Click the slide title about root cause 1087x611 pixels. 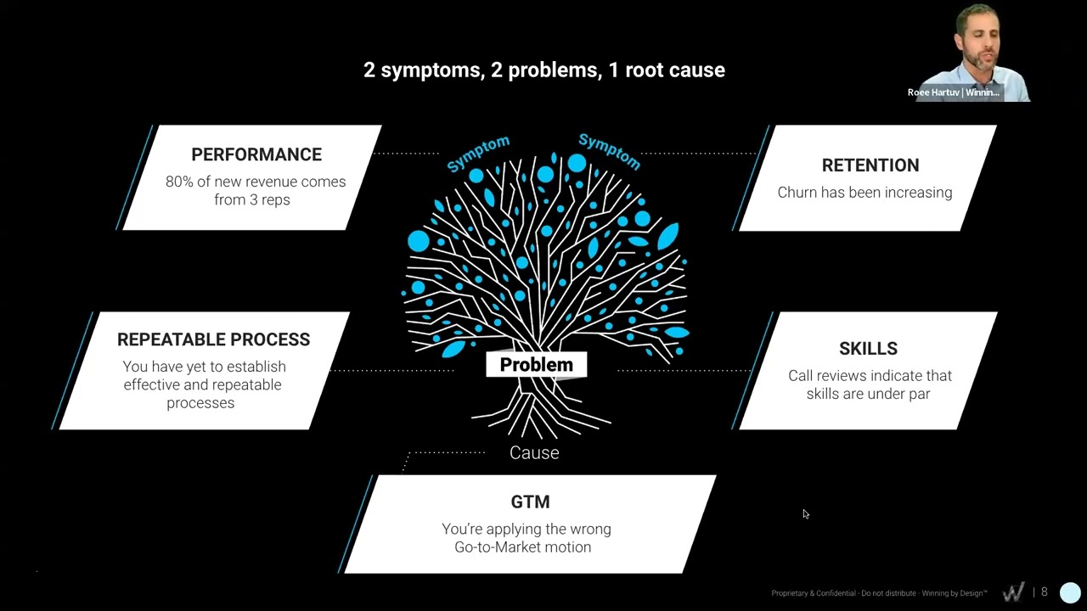click(x=543, y=70)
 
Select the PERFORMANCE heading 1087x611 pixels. click(x=256, y=154)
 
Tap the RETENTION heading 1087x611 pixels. click(x=870, y=165)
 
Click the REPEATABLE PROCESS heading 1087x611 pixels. click(x=213, y=339)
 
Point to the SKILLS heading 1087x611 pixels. click(x=868, y=349)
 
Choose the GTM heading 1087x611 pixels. click(x=530, y=502)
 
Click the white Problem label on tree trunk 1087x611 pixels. click(x=536, y=365)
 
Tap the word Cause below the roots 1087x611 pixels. click(x=534, y=453)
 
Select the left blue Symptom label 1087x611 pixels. click(x=478, y=154)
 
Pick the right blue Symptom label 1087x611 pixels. click(x=609, y=151)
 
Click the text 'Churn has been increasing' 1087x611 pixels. click(x=865, y=193)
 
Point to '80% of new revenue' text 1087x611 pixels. click(x=256, y=182)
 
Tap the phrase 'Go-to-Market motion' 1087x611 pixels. click(x=522, y=547)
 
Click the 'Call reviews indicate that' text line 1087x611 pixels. click(x=870, y=376)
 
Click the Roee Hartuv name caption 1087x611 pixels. click(x=953, y=92)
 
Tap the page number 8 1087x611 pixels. click(x=1044, y=592)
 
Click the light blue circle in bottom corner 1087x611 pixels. click(x=1070, y=592)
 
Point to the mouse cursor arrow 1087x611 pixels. click(x=805, y=513)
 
